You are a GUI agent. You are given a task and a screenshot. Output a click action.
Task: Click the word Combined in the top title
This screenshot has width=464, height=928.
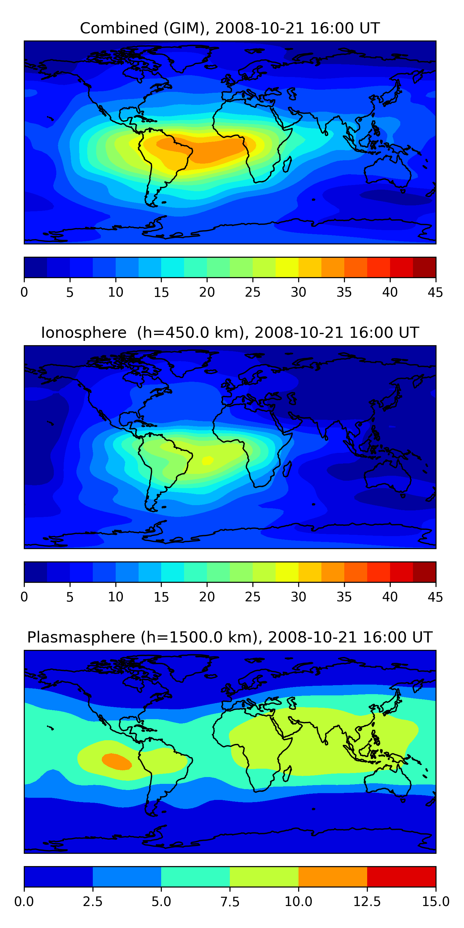[x=119, y=28]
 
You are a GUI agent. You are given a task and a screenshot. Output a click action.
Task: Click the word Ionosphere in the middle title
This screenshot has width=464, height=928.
[x=84, y=333]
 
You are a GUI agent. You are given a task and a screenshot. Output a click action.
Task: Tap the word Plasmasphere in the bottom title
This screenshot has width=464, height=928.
[x=81, y=637]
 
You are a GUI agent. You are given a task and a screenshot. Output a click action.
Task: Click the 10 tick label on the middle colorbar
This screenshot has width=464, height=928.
[x=116, y=597]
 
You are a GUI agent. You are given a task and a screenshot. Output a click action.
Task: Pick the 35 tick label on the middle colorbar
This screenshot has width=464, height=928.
[x=344, y=597]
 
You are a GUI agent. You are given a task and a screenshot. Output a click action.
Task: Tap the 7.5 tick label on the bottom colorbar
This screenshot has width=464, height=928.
[x=230, y=902]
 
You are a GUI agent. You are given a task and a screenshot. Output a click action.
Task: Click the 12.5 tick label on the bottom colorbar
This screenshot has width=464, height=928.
[x=367, y=902]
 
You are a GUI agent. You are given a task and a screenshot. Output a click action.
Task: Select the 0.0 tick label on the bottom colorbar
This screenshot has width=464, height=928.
[x=24, y=902]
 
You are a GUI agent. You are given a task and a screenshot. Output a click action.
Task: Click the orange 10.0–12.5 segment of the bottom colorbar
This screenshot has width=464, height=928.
[x=333, y=876]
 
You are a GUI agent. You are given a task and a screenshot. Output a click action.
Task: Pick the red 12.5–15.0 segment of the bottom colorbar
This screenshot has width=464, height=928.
[x=401, y=876]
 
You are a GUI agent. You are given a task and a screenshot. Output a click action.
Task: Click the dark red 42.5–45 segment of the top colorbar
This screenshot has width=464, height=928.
[x=424, y=267]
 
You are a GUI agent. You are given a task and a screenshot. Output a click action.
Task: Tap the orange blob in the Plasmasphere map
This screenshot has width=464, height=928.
[x=116, y=762]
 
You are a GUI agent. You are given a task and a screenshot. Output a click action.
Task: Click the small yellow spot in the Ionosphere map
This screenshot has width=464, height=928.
[x=208, y=460]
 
